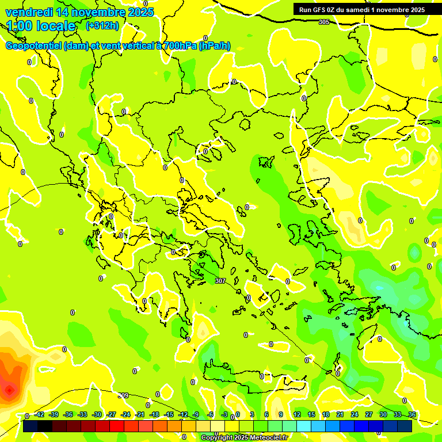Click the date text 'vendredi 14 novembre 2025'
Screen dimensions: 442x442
(x=80, y=12)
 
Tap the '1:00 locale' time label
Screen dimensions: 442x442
(x=41, y=26)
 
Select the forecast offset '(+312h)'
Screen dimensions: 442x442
(x=102, y=26)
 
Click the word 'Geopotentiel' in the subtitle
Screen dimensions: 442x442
(x=33, y=46)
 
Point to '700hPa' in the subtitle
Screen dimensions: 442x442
(x=177, y=46)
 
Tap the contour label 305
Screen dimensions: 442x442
(x=324, y=22)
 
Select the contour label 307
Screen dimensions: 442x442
(x=220, y=281)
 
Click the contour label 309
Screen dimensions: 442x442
(x=123, y=395)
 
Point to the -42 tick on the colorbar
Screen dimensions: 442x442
(x=40, y=414)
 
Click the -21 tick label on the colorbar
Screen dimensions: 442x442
(x=139, y=414)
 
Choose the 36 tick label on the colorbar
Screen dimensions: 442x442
(x=411, y=414)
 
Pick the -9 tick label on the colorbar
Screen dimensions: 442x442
(x=196, y=414)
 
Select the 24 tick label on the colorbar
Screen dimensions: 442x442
(x=354, y=414)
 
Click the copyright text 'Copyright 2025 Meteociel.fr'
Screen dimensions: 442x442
(x=245, y=438)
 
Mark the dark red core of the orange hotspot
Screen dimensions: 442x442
(x=10, y=391)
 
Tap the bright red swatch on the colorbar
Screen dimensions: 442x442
(x=117, y=426)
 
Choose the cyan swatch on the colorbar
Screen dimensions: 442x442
(x=318, y=426)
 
